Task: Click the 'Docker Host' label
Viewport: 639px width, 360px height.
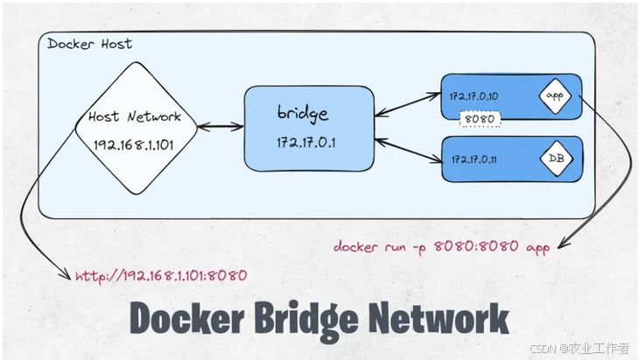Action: (89, 43)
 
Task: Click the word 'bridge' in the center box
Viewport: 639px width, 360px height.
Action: (302, 114)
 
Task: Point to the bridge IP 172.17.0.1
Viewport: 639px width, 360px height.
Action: (302, 140)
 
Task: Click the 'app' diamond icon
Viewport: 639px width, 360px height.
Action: (552, 95)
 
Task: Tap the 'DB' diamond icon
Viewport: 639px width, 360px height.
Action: (554, 159)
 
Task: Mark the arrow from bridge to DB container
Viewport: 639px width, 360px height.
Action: (406, 149)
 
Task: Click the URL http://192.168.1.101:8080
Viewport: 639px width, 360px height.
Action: (161, 275)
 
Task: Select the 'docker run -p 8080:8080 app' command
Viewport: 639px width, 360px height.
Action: (441, 248)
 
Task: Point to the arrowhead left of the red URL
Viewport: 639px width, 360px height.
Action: (67, 276)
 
